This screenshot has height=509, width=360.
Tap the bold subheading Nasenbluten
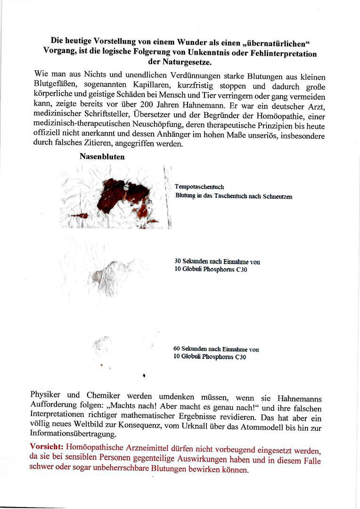pyautogui.click(x=102, y=157)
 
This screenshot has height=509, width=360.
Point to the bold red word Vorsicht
pyautogui.click(x=47, y=446)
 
